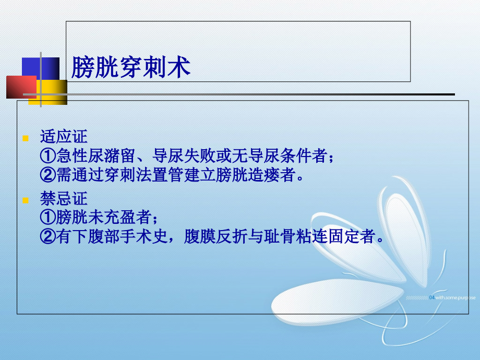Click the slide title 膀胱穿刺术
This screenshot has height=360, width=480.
(x=130, y=68)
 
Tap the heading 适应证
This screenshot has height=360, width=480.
(x=64, y=138)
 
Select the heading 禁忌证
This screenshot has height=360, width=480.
(x=64, y=199)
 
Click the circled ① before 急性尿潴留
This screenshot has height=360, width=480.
(x=47, y=156)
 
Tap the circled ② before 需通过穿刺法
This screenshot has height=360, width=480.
(x=47, y=174)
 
